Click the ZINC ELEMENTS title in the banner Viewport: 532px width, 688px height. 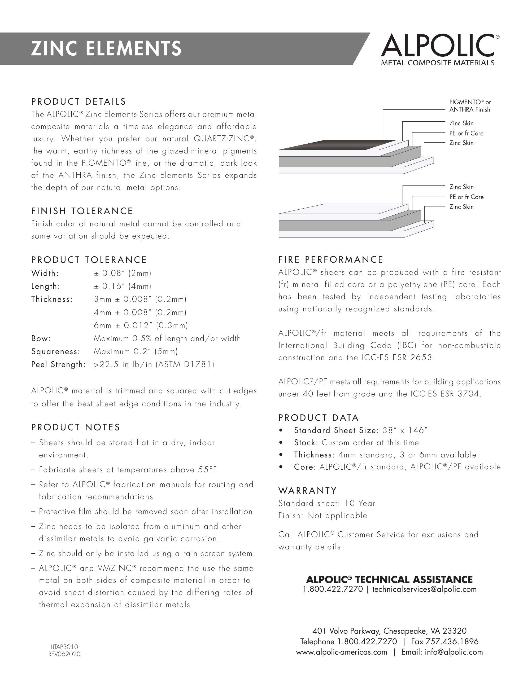(106, 48)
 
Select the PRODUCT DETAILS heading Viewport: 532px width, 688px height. (79, 102)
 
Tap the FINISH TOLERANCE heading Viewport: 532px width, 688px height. (82, 211)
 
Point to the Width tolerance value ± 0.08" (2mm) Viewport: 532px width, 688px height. (122, 273)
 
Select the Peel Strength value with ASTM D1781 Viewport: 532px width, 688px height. (154, 364)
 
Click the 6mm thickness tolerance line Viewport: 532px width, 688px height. (141, 325)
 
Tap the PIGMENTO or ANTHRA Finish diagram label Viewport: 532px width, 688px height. (470, 106)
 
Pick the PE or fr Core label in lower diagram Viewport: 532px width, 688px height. (466, 197)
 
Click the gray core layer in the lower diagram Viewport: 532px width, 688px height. (334, 226)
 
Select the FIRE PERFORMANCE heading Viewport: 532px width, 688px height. (331, 259)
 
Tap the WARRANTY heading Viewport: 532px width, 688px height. (308, 491)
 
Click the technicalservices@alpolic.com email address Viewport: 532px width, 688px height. (424, 589)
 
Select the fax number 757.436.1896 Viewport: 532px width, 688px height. (452, 642)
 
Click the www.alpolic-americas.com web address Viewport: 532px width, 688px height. (341, 652)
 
